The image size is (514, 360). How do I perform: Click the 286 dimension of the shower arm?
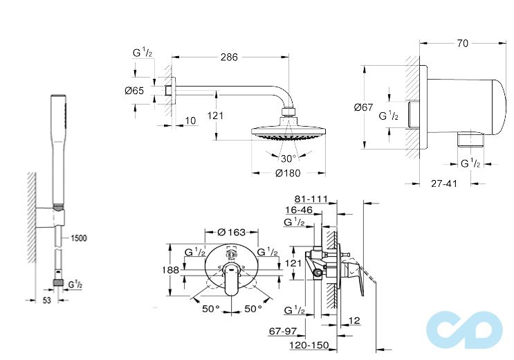click(x=229, y=57)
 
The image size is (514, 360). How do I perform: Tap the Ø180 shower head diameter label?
click(x=288, y=172)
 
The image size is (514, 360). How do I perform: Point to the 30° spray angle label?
click(x=288, y=159)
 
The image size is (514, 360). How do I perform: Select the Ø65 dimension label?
click(x=134, y=91)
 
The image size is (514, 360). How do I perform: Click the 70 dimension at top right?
click(x=462, y=44)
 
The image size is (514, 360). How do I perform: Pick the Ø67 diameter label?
click(x=364, y=107)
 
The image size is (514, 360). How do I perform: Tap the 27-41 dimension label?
click(x=444, y=183)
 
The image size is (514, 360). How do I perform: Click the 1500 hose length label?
click(x=79, y=238)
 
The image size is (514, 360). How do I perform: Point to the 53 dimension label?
click(x=47, y=300)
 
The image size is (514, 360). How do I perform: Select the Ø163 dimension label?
click(x=232, y=233)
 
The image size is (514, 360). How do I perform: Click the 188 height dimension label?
click(x=171, y=270)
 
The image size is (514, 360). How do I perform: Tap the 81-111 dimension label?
click(x=311, y=199)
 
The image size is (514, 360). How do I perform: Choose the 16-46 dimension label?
click(x=299, y=210)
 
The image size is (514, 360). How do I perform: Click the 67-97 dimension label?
click(x=282, y=331)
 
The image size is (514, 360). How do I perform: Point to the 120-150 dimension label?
click(x=309, y=345)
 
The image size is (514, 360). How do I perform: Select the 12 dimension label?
click(x=354, y=321)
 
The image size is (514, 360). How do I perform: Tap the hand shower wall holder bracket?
click(x=50, y=217)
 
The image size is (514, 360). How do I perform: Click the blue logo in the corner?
click(x=464, y=330)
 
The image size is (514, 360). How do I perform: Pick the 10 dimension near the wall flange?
click(x=190, y=120)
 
